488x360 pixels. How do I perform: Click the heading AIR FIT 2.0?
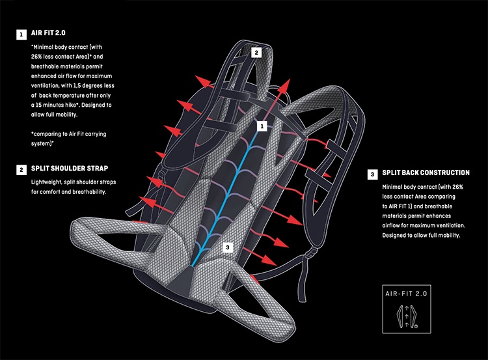point(49,33)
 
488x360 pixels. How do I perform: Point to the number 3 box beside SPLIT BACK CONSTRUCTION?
point(372,174)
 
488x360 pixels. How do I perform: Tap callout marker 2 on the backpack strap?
point(256,53)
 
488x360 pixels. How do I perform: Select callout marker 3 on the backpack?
point(227,247)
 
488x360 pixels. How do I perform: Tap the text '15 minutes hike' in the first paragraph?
point(64,105)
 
